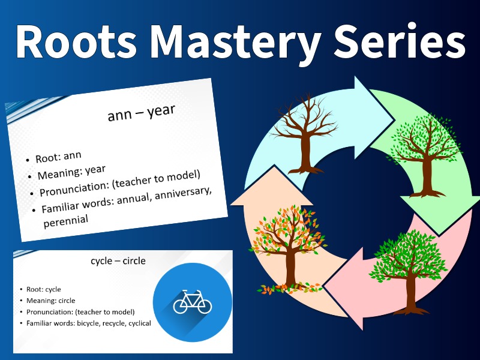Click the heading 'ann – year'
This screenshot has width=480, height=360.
tap(141, 112)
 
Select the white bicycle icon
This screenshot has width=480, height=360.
tap(193, 301)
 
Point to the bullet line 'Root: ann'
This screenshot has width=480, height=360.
tap(58, 157)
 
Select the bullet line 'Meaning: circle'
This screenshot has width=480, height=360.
tap(51, 301)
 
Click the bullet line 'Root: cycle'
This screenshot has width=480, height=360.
tap(44, 289)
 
